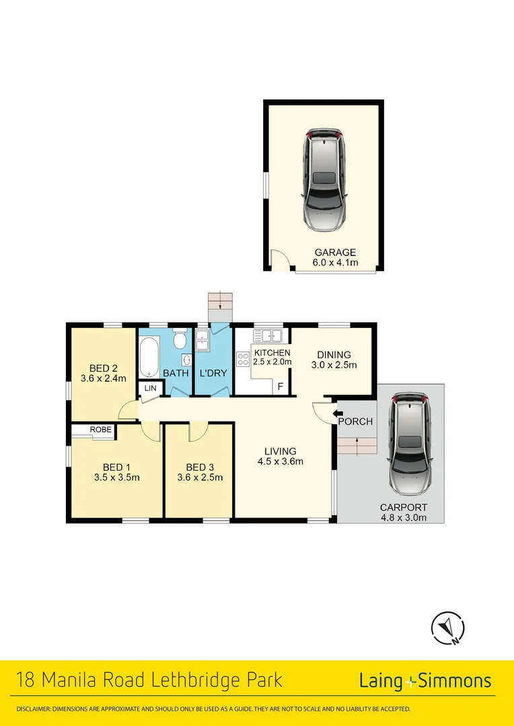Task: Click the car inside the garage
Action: (325, 179)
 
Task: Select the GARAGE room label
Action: (335, 253)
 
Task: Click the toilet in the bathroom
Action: (179, 340)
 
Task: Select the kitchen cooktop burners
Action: (243, 359)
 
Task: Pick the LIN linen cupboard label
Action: (149, 388)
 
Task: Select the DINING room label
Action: (334, 355)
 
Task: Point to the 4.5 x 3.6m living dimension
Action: (281, 461)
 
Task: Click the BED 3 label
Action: (200, 467)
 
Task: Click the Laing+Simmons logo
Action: (425, 681)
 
